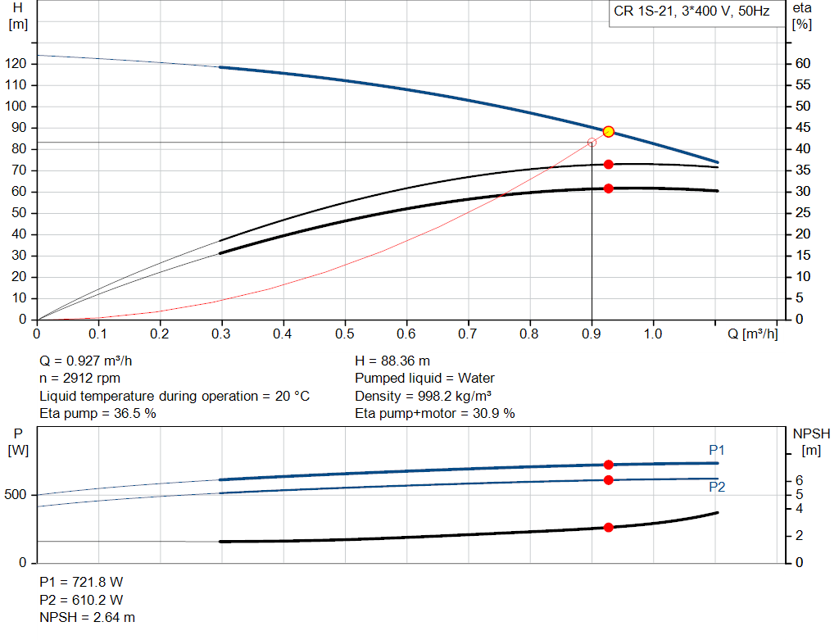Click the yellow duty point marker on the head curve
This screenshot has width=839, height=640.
[609, 132]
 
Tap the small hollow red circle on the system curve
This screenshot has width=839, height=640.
[592, 143]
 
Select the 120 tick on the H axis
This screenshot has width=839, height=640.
[17, 64]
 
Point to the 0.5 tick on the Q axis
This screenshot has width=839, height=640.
[345, 334]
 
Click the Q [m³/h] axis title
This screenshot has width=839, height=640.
[748, 334]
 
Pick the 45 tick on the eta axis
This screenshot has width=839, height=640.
[803, 128]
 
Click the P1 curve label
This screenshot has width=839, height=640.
[717, 450]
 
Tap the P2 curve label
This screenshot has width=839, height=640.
[717, 487]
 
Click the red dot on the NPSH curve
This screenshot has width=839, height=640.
[609, 528]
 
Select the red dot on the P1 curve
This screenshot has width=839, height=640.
[609, 465]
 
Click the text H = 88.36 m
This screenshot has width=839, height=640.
[392, 361]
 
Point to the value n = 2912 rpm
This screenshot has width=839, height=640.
[79, 379]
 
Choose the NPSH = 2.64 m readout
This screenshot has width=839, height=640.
[88, 617]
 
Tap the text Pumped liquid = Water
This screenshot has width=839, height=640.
[424, 379]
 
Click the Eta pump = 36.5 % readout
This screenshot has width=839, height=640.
[98, 414]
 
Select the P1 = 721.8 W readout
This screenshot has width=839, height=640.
[81, 582]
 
